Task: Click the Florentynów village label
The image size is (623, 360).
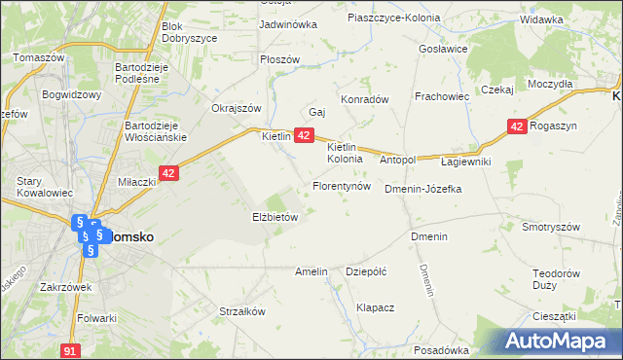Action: coord(341,185)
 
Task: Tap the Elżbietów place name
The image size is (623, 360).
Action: coord(275,218)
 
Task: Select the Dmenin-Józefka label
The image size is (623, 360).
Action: coord(422,189)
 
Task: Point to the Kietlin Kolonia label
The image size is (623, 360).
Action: coord(345,152)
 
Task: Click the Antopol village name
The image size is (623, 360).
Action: coord(397,159)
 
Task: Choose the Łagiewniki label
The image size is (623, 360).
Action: coord(465,162)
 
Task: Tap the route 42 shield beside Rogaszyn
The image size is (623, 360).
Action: coord(517,126)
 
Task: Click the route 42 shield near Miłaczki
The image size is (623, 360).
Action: coord(169,173)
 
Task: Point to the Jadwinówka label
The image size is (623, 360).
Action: coord(288,24)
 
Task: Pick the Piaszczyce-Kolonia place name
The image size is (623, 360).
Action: coord(393,18)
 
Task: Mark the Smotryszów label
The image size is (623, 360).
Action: coord(552,227)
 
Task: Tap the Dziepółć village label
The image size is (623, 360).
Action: coord(367,272)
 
